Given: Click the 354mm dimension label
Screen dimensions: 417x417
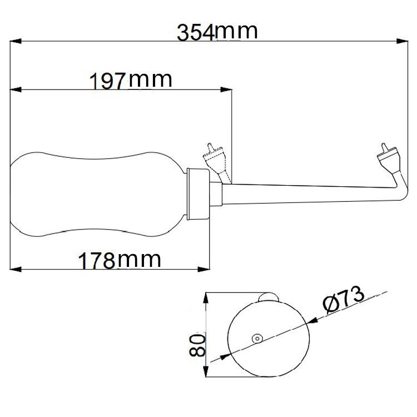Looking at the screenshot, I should pos(217,32).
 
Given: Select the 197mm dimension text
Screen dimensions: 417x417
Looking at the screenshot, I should pos(131,81).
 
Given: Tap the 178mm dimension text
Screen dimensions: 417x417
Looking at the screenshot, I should pos(120,260).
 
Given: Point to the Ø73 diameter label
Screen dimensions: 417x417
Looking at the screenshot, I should pos(343,301).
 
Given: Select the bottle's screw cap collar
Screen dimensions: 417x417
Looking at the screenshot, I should pos(197,192).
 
